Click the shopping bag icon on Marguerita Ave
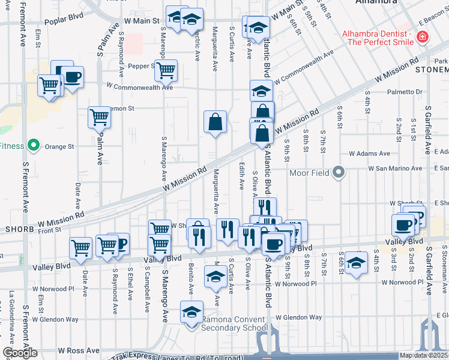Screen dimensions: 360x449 point(215,122)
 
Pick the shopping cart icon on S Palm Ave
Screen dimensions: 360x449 point(99,117)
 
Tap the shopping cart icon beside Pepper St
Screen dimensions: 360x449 point(166,70)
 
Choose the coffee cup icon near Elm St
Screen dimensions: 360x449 point(72,77)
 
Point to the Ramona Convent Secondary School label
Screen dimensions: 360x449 point(234,323)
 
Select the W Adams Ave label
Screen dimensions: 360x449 point(373,154)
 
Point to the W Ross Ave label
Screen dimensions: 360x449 point(79,350)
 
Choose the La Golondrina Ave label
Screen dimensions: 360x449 point(11,317)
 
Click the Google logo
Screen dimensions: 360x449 point(19,353)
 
